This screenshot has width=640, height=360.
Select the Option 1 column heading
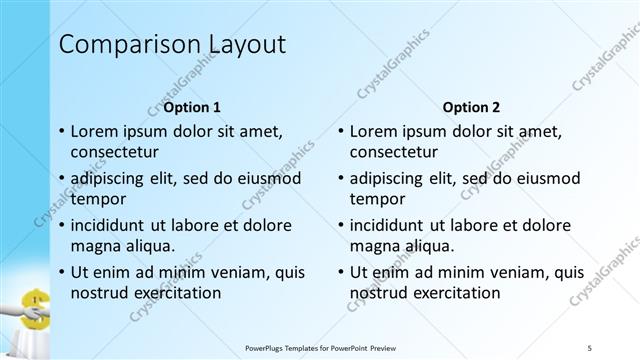click(192, 107)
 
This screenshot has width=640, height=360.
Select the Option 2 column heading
click(471, 107)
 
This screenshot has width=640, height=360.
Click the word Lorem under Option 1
click(98, 131)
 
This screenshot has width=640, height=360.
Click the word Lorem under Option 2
click(377, 131)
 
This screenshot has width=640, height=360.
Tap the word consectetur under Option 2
click(394, 153)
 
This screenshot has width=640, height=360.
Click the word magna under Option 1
click(96, 246)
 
